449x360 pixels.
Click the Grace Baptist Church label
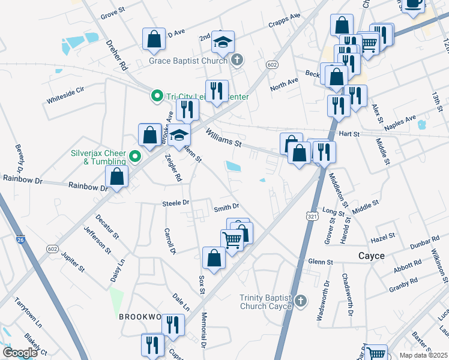tap(188, 61)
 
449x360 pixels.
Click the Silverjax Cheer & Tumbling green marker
tap(135, 158)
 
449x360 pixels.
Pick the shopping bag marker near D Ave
tap(154, 39)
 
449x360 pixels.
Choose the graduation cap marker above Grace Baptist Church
tap(223, 43)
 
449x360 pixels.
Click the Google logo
tap(20, 352)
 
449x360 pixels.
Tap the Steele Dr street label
tap(175, 203)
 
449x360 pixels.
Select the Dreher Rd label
tap(119, 54)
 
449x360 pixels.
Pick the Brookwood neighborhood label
tap(140, 316)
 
